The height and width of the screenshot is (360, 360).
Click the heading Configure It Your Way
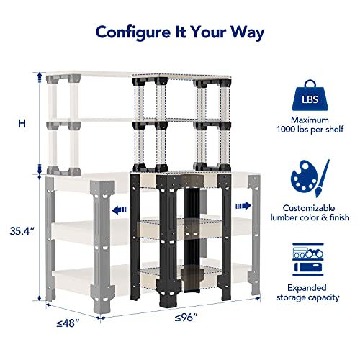click(x=180, y=32)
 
